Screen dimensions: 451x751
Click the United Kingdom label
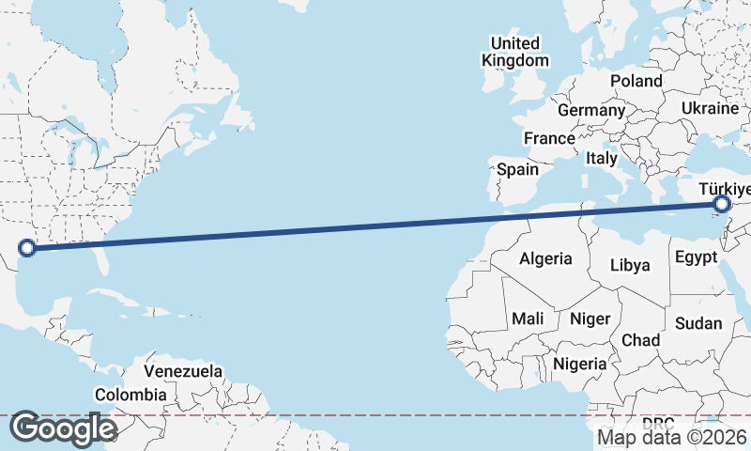[x=515, y=52]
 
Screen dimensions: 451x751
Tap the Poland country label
[x=636, y=81]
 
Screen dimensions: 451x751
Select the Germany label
[x=591, y=110]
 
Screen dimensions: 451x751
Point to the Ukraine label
[x=711, y=109]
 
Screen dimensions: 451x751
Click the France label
[x=549, y=138]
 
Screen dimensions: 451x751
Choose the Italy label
[x=602, y=159]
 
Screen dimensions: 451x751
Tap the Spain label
[x=517, y=169]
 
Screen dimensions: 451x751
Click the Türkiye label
[x=724, y=190]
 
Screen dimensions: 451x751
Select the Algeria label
[x=545, y=258]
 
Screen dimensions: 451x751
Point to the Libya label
[x=630, y=265]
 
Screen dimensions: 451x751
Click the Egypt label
[x=696, y=257]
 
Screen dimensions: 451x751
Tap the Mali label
[x=528, y=319]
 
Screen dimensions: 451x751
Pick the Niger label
[x=590, y=319]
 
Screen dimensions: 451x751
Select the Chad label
[x=640, y=339]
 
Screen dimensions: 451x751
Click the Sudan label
[x=698, y=323]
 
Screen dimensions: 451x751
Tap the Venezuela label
[x=184, y=371]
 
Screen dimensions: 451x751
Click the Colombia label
[x=130, y=396]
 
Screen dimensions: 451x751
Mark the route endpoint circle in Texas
[x=27, y=248]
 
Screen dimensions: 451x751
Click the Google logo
[x=63, y=428]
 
